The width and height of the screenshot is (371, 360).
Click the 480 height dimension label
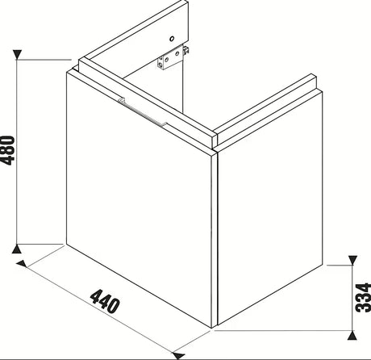[x=7, y=150]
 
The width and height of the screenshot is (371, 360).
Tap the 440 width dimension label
[x=105, y=301]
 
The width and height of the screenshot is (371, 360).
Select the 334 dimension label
[x=363, y=297]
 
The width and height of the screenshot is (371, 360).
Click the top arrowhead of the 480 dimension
[x=17, y=55]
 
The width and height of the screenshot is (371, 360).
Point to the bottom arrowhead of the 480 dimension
[x=17, y=249]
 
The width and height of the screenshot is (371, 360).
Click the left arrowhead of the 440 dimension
[x=22, y=264]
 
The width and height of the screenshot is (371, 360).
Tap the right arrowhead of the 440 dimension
[x=178, y=355]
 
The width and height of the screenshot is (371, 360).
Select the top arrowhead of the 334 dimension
[x=352, y=260]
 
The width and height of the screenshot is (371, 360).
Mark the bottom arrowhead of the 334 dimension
[x=352, y=335]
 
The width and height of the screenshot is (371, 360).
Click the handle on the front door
[x=143, y=112]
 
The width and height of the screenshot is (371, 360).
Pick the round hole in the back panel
[x=172, y=39]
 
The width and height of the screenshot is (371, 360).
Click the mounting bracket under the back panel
[x=170, y=59]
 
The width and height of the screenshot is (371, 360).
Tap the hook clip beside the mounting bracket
[x=186, y=51]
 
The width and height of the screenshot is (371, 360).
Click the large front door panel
[x=139, y=199]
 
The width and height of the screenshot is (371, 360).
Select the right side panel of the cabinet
[x=270, y=208]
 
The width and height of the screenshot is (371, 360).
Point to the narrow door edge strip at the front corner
[x=215, y=240]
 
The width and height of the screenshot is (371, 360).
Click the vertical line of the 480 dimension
[x=17, y=152]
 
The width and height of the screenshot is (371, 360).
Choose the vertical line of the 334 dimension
[x=352, y=298]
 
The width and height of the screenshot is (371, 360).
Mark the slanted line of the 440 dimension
[x=100, y=309]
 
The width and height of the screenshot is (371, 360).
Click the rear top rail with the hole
[x=133, y=31]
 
